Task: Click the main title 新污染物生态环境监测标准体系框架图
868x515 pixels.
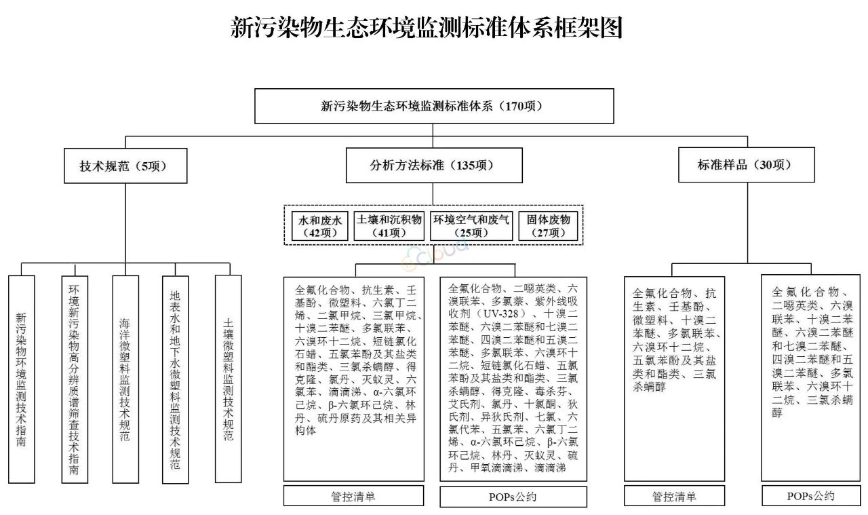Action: point(427,27)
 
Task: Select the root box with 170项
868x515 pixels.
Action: point(434,106)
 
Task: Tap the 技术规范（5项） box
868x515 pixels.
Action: point(125,166)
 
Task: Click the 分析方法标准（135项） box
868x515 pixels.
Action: point(434,165)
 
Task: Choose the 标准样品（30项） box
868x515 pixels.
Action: point(747,165)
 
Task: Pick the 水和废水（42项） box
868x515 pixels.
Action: point(319,226)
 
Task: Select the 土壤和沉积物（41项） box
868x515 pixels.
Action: point(389,226)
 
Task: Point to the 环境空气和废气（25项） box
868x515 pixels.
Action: point(471,226)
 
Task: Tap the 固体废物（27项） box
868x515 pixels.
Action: point(548,226)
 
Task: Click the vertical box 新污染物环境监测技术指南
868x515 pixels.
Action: point(21,379)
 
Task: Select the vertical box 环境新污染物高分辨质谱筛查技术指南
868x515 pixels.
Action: point(75,379)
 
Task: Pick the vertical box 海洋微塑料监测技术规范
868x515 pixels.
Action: point(125,379)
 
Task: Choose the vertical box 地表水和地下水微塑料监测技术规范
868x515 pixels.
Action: point(175,380)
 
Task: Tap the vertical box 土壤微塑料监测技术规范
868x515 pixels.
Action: point(229,379)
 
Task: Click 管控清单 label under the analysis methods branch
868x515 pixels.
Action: point(353,496)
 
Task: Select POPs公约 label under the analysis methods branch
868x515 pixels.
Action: point(513,497)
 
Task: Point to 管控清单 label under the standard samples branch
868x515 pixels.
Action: point(674,496)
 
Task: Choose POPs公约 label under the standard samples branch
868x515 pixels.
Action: point(811,495)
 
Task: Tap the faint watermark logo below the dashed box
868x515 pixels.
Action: point(435,254)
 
